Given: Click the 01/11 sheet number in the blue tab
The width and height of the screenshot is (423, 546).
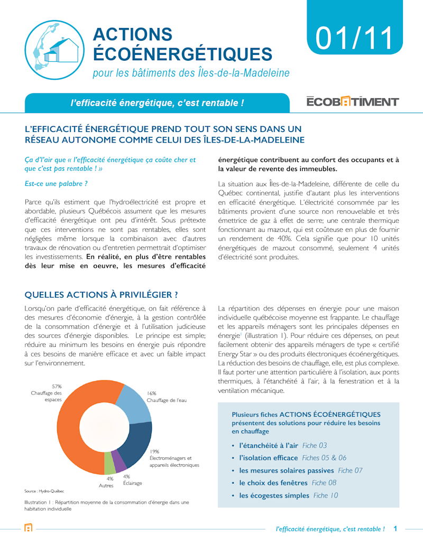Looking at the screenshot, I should [355, 37].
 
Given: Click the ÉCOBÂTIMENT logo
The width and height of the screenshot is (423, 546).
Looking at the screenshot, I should [353, 102].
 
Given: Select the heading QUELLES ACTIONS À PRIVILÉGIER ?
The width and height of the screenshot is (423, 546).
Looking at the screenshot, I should [101, 294].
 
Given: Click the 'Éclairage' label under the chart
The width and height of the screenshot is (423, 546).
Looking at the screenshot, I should [132, 483].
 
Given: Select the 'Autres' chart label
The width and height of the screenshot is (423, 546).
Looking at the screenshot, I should [106, 485].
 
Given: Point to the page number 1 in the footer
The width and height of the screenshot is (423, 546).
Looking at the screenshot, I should [395, 528].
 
